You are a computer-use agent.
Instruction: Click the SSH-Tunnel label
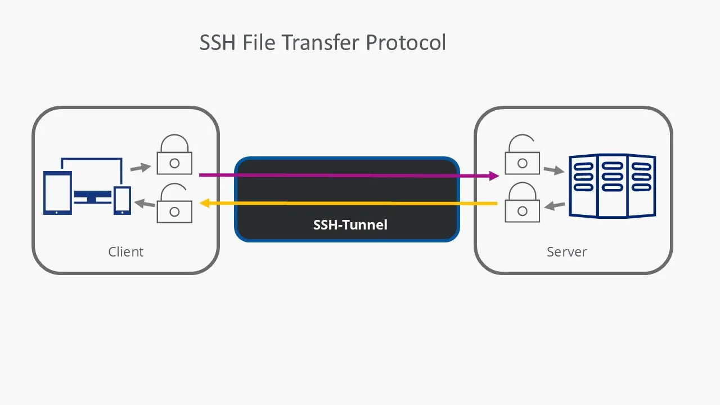point(350,225)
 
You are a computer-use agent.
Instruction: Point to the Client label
point(125,251)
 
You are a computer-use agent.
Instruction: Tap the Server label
point(566,251)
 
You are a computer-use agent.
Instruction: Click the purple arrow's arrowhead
point(494,176)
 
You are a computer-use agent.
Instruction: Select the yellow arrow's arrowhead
point(205,202)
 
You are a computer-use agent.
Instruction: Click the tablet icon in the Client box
point(58,193)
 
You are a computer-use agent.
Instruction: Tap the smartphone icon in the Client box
point(122,200)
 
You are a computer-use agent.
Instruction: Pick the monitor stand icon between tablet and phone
point(92,197)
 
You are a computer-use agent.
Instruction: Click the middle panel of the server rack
point(612,186)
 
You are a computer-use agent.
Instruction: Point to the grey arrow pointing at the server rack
point(553,169)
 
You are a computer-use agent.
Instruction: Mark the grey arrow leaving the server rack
point(555,206)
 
